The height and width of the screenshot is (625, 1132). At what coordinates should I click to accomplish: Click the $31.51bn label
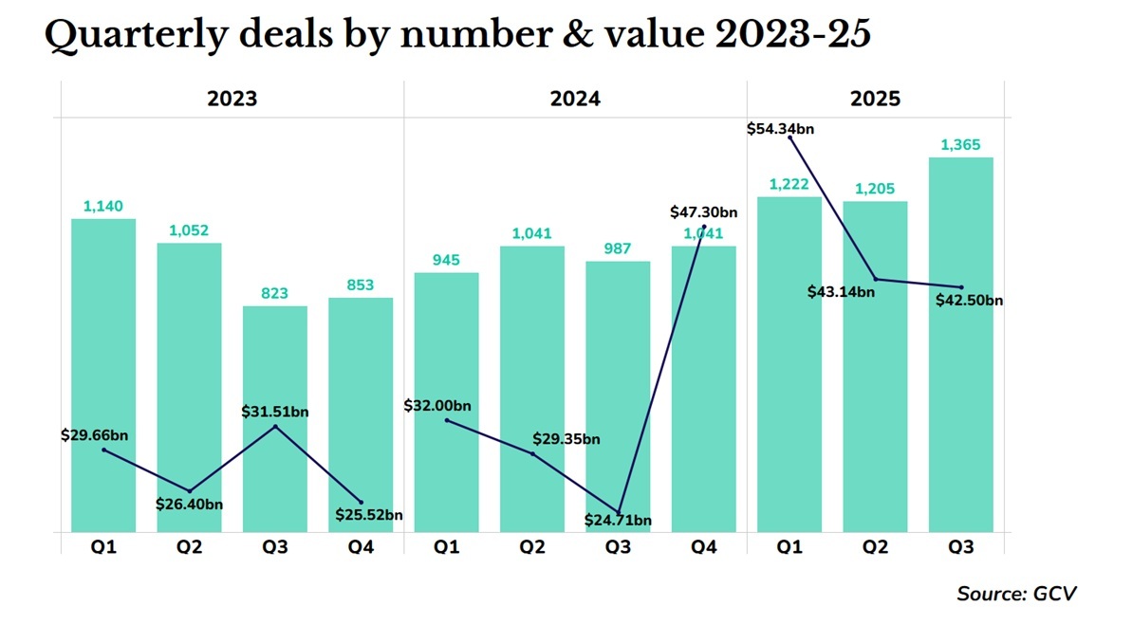(275, 412)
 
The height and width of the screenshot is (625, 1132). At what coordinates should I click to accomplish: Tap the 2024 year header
(575, 99)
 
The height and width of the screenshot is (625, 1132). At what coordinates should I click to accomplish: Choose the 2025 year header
(875, 99)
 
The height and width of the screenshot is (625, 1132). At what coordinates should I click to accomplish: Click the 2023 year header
(232, 99)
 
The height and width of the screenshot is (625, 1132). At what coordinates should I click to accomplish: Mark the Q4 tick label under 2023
(361, 547)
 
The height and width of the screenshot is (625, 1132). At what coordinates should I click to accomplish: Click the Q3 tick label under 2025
(960, 547)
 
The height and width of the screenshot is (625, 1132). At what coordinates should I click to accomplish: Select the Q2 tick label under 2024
(532, 547)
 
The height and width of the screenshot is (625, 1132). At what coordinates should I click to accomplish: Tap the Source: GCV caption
(1016, 594)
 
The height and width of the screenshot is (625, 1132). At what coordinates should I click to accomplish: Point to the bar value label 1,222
(789, 184)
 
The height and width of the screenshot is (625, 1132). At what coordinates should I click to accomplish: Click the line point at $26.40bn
(189, 490)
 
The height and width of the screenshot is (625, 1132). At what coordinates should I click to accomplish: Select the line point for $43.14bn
(876, 279)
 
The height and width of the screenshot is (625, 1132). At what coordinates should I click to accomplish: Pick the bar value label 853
(361, 285)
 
